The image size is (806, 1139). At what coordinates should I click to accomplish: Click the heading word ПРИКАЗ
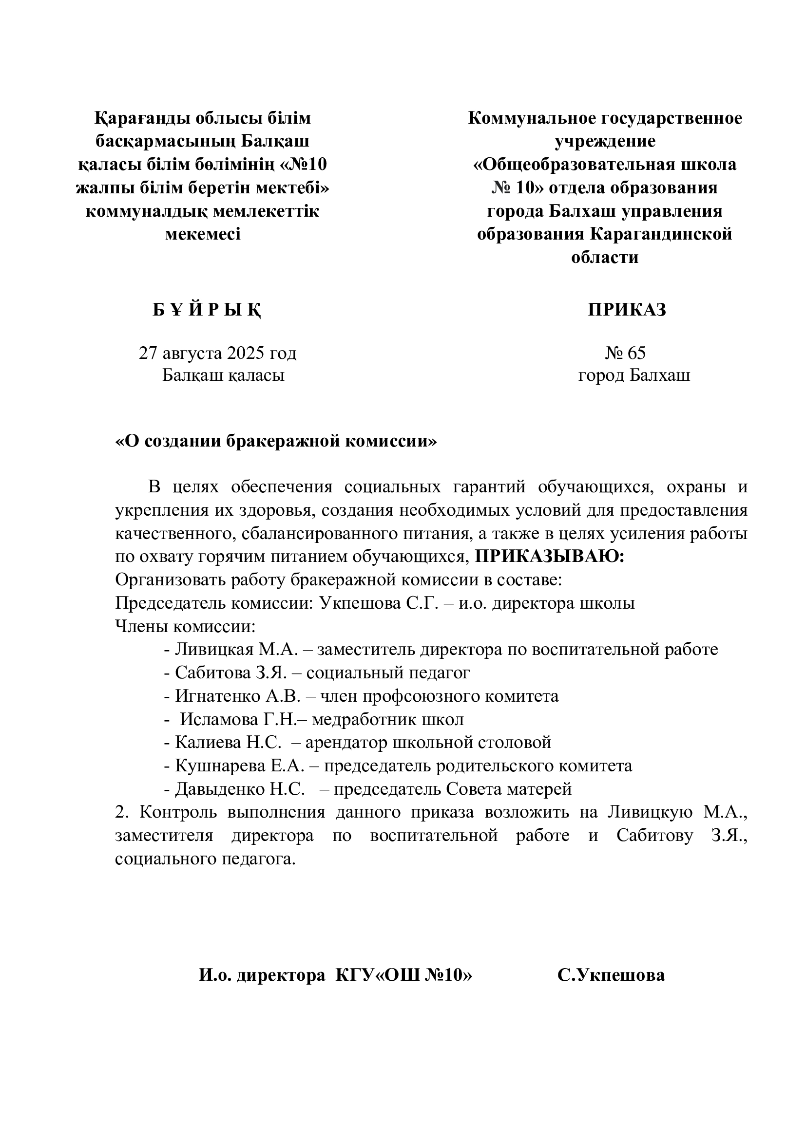[627, 310]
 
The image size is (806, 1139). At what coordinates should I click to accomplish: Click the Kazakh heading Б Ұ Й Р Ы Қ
[207, 310]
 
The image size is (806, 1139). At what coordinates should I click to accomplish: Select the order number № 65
[625, 353]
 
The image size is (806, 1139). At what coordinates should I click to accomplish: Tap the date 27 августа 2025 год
[218, 353]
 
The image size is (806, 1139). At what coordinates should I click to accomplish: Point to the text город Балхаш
[634, 375]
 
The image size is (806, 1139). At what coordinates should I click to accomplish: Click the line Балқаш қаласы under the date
[223, 375]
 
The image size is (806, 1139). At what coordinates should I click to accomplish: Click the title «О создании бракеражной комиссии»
[276, 441]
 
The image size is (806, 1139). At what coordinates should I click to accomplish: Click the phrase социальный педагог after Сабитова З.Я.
[388, 672]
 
